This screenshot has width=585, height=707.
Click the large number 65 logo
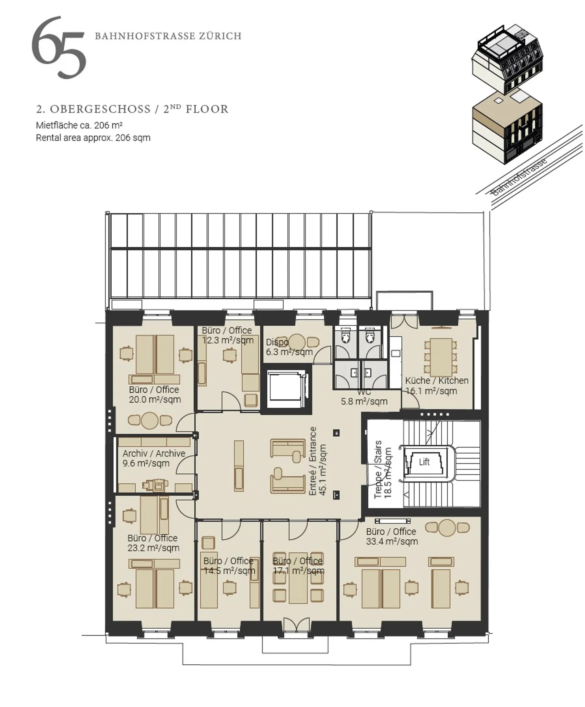[x=59, y=48]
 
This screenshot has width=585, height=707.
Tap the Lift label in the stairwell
[x=424, y=462]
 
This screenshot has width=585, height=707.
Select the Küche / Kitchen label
[x=437, y=381]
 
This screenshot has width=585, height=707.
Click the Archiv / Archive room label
[x=154, y=453]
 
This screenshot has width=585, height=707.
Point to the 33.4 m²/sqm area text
[x=392, y=541]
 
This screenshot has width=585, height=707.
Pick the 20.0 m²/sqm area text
[x=155, y=400]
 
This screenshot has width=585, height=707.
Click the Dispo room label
[x=277, y=342]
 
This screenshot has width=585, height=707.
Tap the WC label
[x=364, y=392]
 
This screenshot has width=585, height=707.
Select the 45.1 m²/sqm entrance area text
[x=323, y=470]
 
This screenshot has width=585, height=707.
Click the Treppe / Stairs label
[x=378, y=469]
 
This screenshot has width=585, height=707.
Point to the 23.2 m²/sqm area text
[x=153, y=548]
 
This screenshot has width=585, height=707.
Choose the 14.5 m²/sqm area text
[x=230, y=571]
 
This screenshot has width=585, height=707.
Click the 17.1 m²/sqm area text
[x=299, y=571]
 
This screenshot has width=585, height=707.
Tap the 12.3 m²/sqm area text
[x=228, y=340]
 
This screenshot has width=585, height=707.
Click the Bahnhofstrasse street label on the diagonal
[x=520, y=177]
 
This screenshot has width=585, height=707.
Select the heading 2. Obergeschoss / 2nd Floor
[x=132, y=109]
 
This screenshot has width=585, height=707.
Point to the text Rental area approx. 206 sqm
[x=93, y=138]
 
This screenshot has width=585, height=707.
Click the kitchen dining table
[x=441, y=357]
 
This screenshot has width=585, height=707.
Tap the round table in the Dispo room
[x=297, y=342]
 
